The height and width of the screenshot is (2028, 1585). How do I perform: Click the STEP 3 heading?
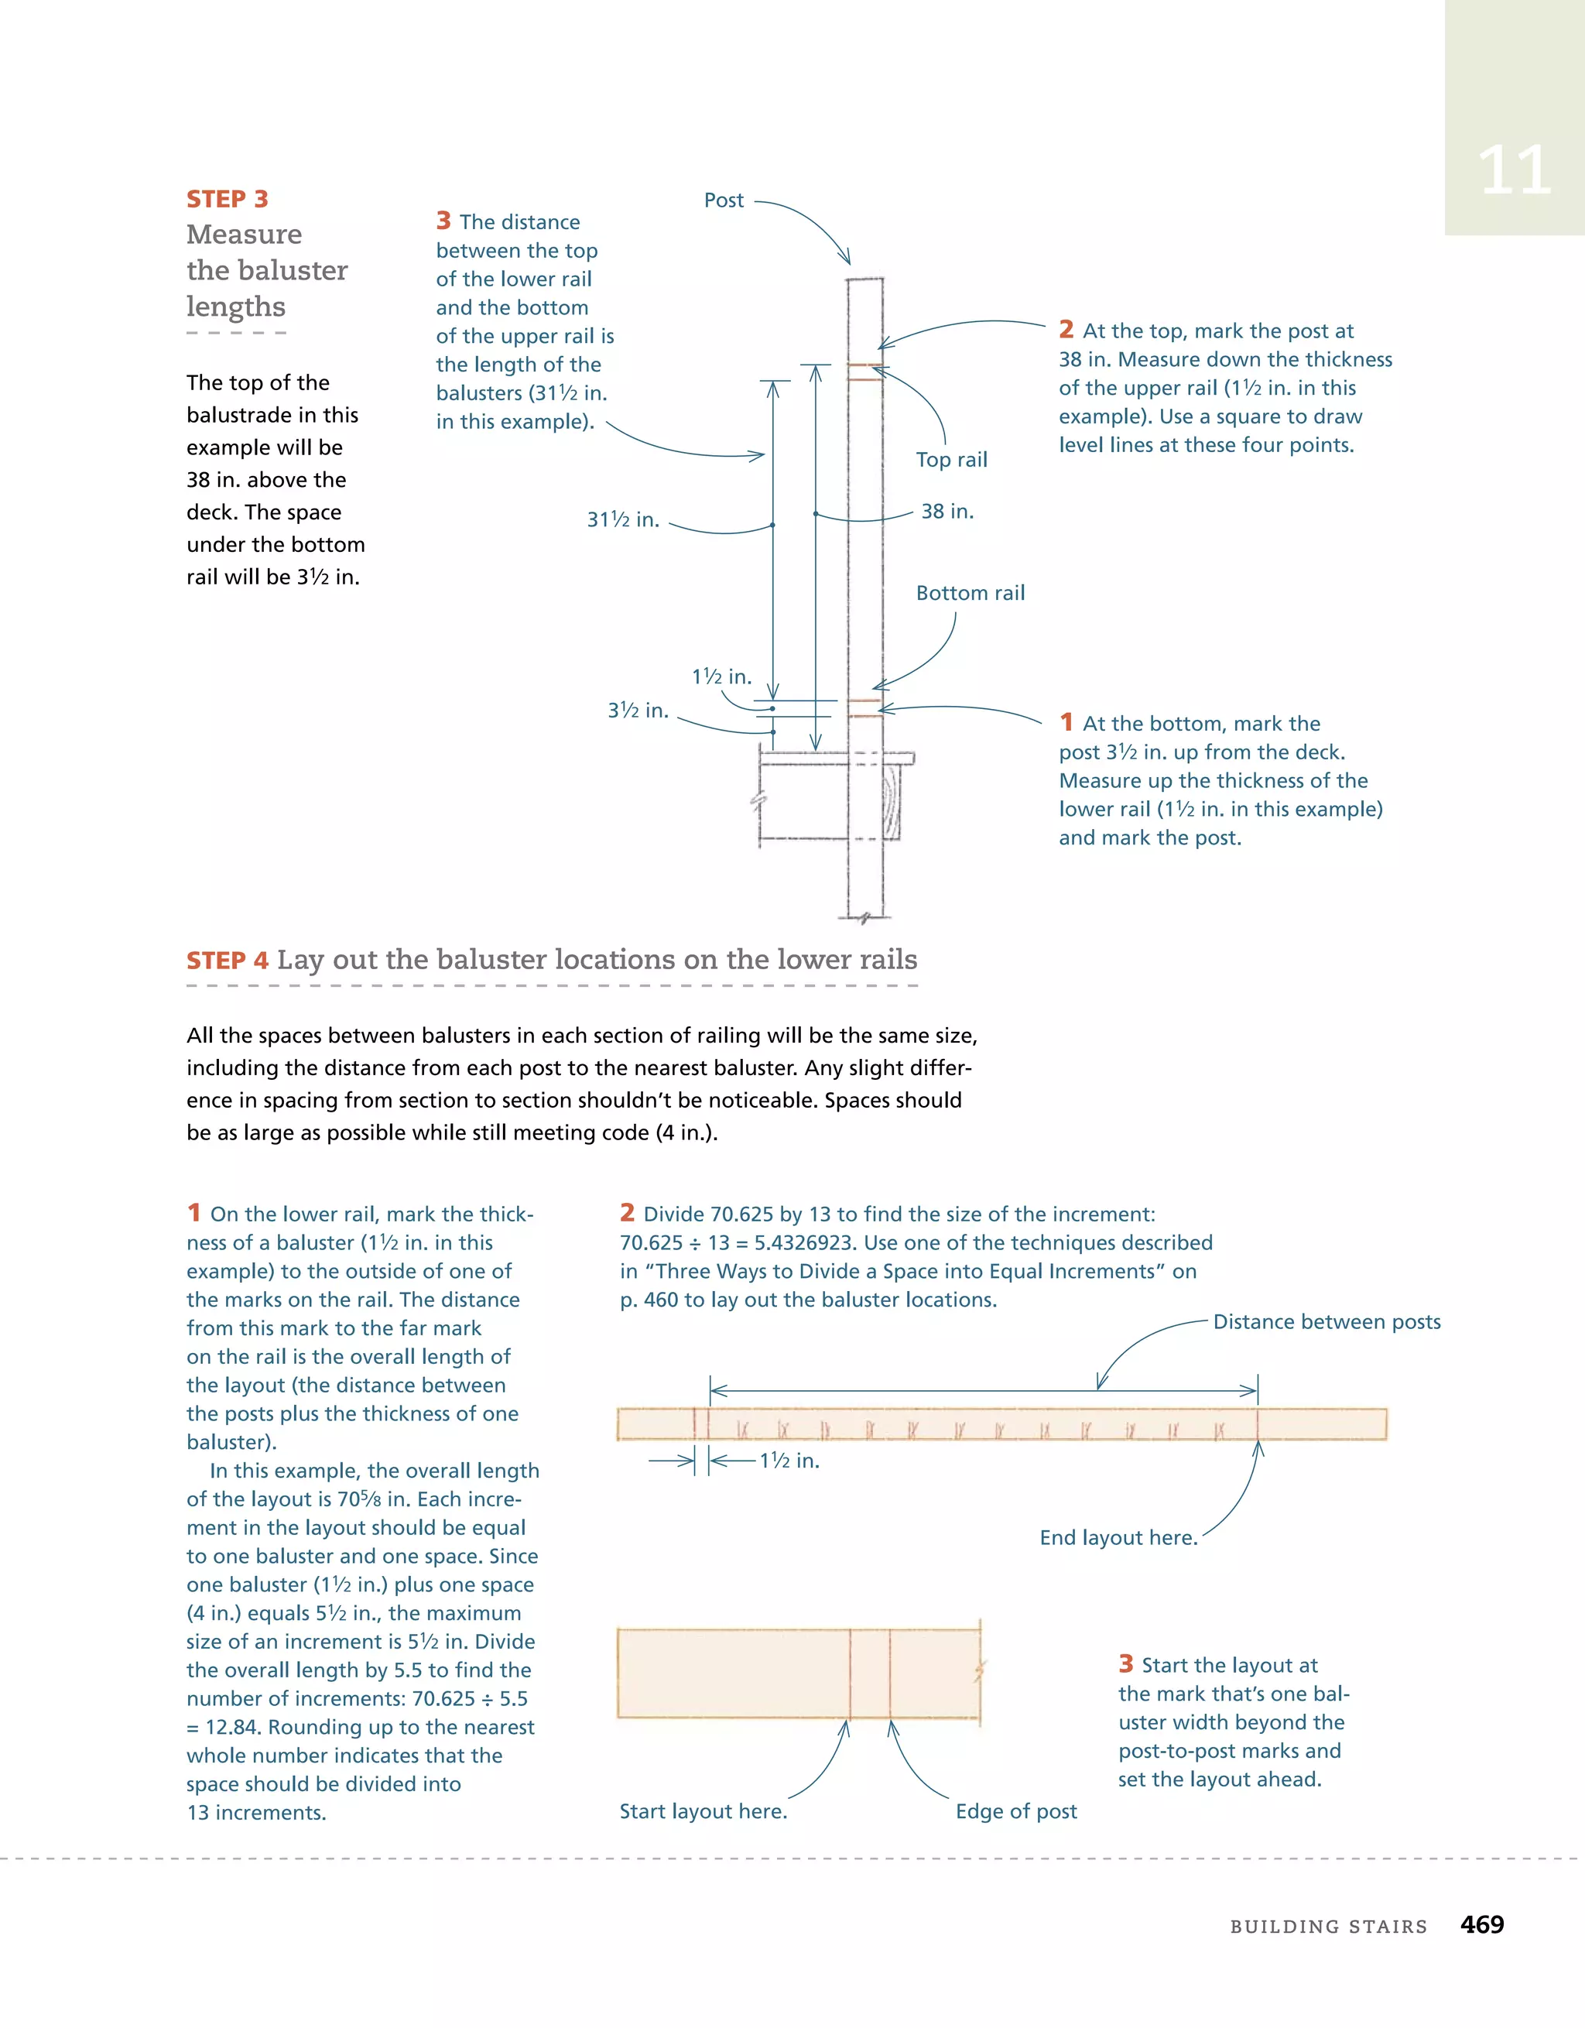227,199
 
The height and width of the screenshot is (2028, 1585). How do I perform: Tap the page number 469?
1481,1924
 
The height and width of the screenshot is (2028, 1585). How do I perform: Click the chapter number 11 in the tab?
1514,171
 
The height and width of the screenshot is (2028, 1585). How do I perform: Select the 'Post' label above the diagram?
724,200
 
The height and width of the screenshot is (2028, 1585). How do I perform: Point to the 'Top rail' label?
951,460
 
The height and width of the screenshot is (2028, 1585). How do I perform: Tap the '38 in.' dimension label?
947,512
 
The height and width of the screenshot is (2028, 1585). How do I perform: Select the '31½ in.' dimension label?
622,520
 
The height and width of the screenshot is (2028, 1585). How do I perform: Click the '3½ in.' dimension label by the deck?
638,711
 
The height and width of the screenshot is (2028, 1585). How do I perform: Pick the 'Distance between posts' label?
1326,1321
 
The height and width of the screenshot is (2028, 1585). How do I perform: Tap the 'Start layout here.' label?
703,1810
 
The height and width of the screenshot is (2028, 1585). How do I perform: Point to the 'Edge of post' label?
1016,1810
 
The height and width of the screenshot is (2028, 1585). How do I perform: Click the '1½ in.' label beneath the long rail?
789,1461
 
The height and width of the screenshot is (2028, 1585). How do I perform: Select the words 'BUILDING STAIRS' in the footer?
1328,1927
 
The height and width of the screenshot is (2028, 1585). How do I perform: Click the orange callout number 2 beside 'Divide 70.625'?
628,1213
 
